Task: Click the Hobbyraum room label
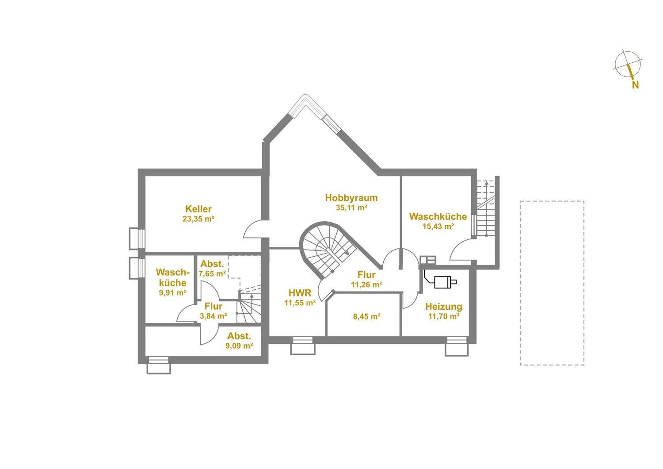pos(351,198)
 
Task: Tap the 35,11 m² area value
pos(351,208)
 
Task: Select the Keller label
pos(198,209)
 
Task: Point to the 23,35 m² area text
pos(198,219)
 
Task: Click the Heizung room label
pos(444,307)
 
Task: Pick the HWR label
pos(300,293)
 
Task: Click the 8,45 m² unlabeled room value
pos(366,317)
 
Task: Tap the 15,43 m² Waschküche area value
pos(438,227)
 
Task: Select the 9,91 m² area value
pos(172,293)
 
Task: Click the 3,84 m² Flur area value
pos(213,316)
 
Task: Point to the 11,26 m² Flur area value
pos(366,284)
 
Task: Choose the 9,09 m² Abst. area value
pos(239,346)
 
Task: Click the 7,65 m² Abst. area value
pos(212,274)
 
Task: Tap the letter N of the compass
pos(635,85)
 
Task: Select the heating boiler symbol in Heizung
pos(442,282)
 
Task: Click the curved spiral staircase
pos(328,249)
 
